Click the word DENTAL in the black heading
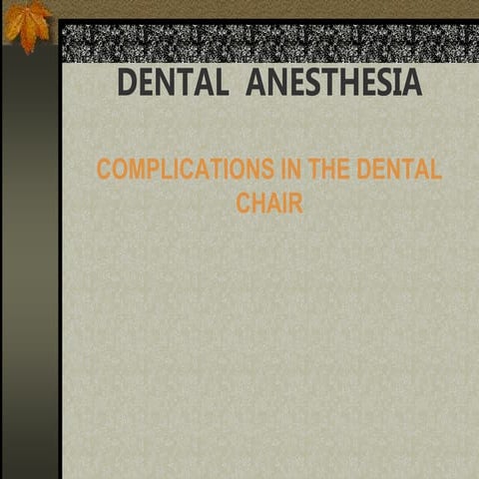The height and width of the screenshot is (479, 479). (173, 84)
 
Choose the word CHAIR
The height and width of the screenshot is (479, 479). (269, 203)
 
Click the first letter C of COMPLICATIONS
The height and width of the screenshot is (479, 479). (104, 169)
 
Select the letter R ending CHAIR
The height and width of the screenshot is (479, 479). (295, 203)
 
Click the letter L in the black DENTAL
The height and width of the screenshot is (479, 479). (220, 84)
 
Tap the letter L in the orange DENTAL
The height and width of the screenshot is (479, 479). (435, 169)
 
